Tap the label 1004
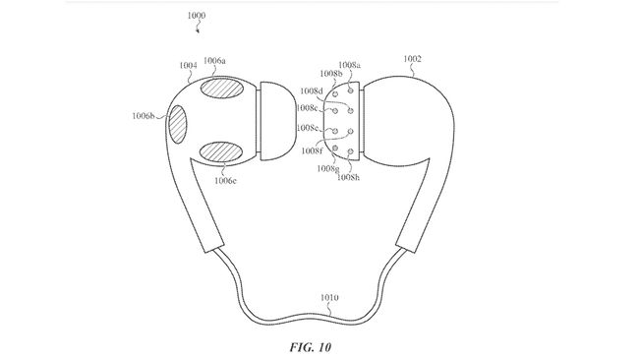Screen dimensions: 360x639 pos(187,66)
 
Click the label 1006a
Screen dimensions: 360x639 pos(214,61)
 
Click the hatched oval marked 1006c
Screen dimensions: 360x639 pos(222,153)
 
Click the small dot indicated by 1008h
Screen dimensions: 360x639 pos(351,152)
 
